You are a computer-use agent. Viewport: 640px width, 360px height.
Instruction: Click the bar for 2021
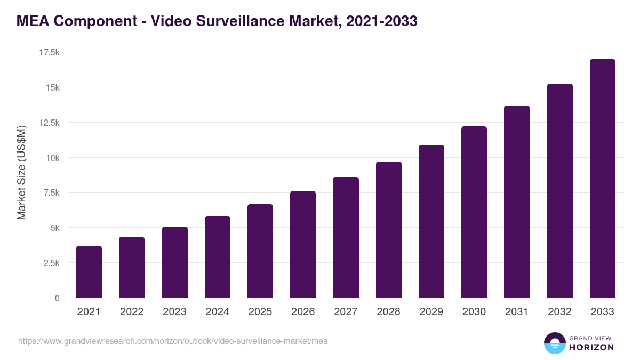89,272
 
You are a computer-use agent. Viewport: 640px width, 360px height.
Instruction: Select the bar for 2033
602,179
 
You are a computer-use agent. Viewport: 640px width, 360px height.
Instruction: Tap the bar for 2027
346,237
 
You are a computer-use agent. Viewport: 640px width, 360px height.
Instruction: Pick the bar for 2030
474,212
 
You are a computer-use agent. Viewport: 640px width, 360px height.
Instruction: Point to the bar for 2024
218,257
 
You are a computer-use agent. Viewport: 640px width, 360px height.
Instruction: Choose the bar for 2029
431,221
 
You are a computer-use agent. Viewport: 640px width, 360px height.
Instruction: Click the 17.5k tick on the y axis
49,52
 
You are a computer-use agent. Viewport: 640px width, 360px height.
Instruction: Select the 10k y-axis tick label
52,158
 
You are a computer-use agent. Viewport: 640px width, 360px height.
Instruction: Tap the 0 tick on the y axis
57,298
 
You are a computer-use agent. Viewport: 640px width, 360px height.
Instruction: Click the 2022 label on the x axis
132,312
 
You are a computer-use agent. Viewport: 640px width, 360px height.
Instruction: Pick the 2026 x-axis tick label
303,312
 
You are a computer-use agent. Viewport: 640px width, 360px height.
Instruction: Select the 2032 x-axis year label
559,312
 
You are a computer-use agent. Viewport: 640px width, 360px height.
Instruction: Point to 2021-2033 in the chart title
381,21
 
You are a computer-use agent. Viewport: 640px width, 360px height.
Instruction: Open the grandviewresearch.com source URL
173,341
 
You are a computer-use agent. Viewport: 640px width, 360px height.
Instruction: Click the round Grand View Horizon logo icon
554,343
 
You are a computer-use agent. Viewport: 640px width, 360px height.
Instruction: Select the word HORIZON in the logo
591,347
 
